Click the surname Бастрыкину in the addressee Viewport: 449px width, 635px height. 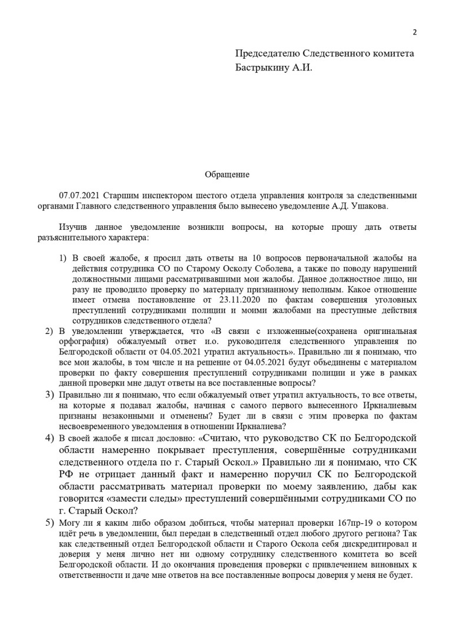(262, 68)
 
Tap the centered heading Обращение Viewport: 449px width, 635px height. (227, 175)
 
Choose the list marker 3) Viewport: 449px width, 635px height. (50, 393)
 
